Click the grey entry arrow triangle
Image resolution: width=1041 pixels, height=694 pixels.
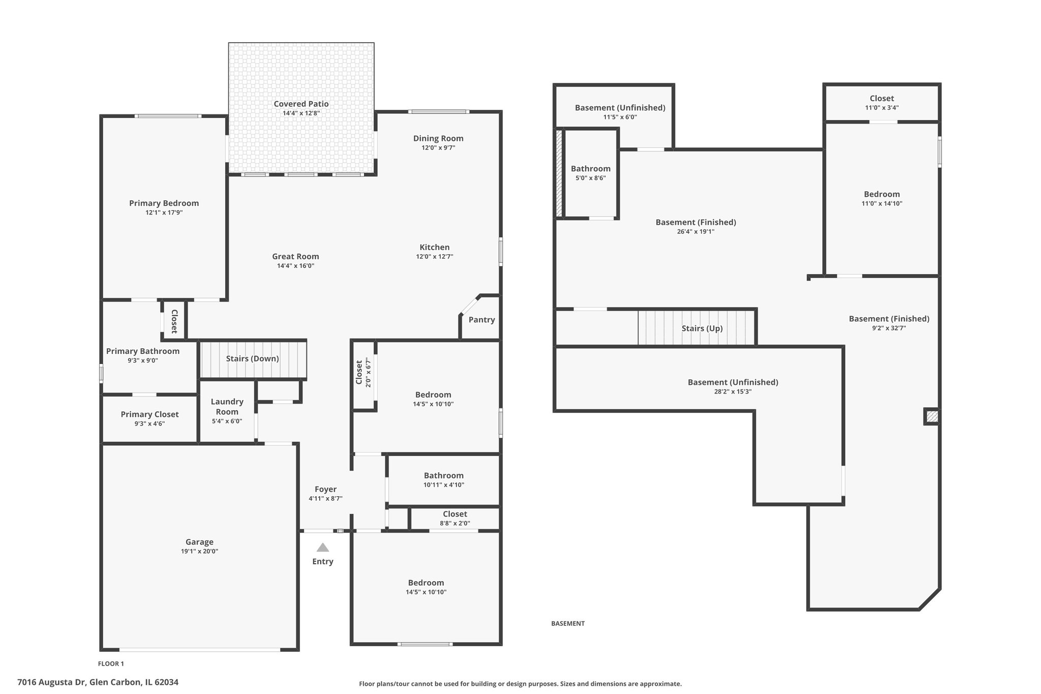[323, 548]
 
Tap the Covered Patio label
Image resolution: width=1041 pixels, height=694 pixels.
[301, 104]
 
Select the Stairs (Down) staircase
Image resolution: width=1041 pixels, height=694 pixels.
[253, 359]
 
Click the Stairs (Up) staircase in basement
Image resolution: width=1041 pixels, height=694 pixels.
[697, 328]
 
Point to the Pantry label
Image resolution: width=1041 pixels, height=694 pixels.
[482, 320]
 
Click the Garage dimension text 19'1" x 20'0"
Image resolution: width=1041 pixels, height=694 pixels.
[200, 551]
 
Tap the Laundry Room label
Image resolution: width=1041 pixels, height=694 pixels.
[227, 407]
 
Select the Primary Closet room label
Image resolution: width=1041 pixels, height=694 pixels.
[149, 414]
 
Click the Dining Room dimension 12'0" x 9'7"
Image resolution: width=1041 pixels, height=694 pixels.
[438, 148]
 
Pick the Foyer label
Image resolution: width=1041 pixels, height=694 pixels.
[326, 489]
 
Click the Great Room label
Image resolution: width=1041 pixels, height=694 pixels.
[296, 257]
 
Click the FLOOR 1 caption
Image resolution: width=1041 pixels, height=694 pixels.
[111, 663]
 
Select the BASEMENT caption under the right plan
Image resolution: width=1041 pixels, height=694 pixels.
[568, 623]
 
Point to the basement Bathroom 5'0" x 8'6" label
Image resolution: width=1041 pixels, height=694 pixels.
[591, 173]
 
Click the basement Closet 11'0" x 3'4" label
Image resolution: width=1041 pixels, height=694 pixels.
[882, 103]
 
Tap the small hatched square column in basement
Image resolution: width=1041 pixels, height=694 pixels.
[932, 417]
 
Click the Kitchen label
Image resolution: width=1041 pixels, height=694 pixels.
[435, 248]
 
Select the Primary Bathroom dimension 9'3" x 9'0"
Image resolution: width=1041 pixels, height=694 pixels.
[143, 360]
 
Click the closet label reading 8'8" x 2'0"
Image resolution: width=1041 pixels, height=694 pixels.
[455, 523]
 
